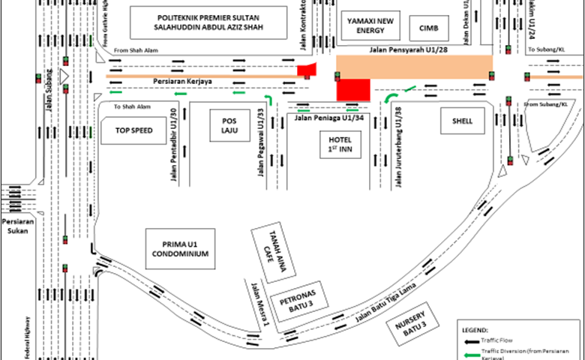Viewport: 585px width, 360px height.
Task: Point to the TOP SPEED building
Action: [x=133, y=130]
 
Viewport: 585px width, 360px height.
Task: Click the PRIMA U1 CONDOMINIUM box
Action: [x=179, y=249]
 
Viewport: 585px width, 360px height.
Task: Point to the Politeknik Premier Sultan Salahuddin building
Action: [x=210, y=22]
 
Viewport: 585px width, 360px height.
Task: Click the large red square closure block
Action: [x=353, y=89]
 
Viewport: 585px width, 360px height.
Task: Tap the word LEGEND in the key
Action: [x=475, y=329]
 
